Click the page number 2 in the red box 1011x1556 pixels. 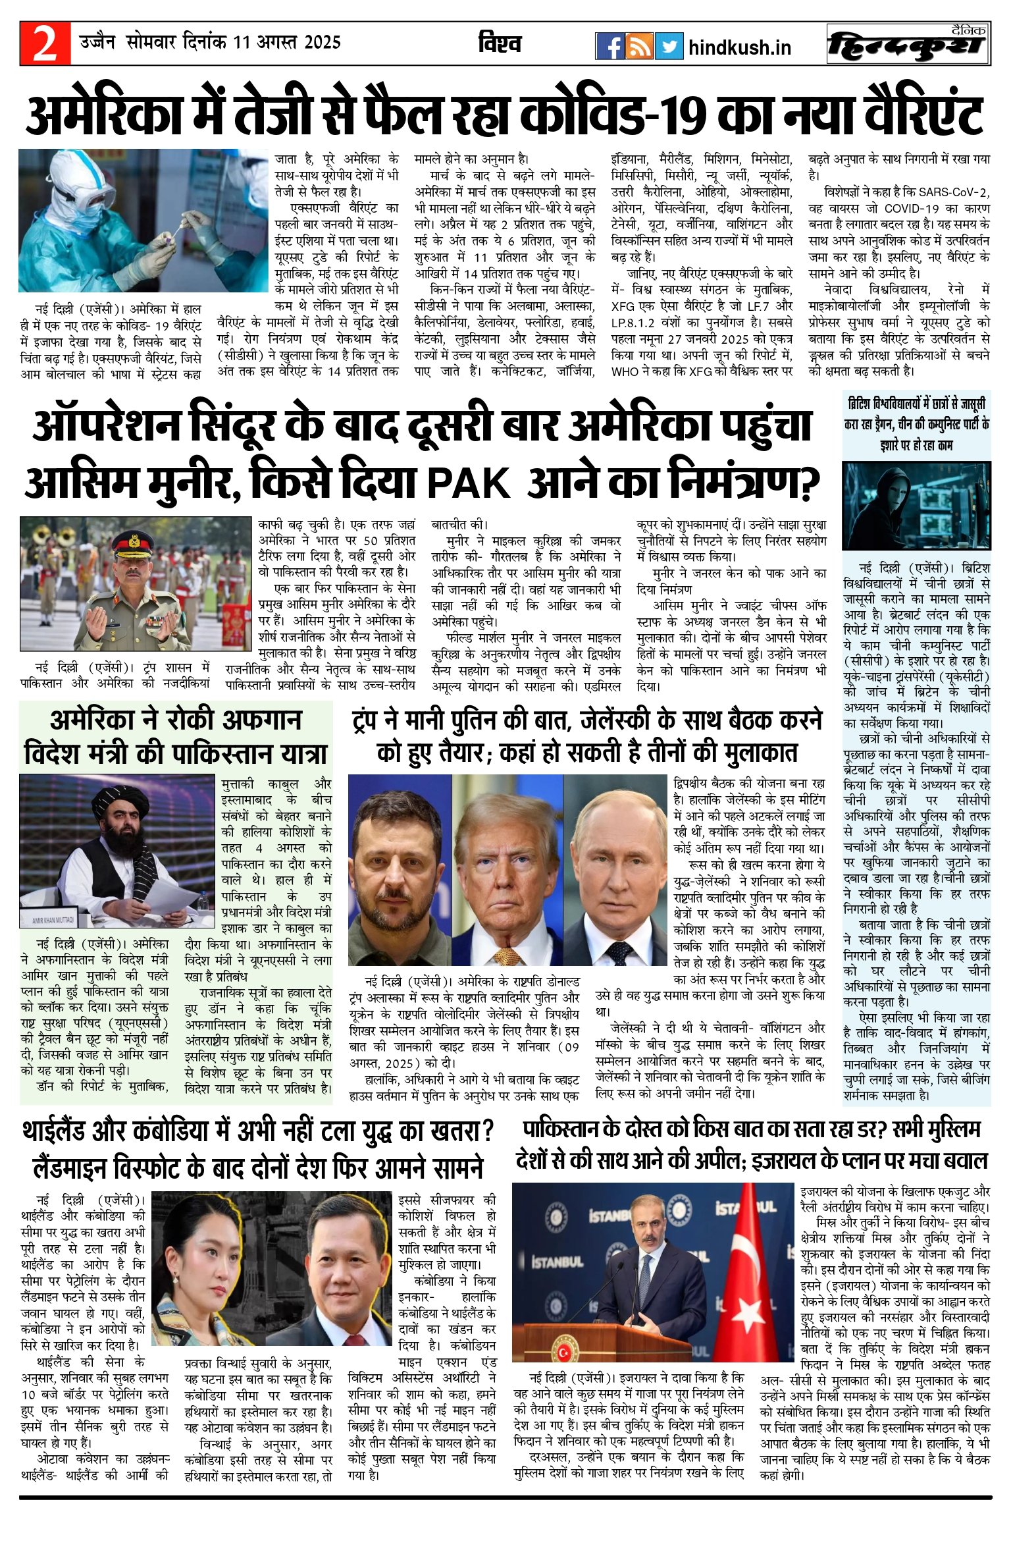point(45,44)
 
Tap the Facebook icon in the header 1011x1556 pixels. point(609,46)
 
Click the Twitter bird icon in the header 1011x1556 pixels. point(669,46)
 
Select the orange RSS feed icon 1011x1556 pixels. point(639,46)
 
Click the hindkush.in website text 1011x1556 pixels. point(739,47)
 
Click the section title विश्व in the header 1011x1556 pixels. point(500,43)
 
